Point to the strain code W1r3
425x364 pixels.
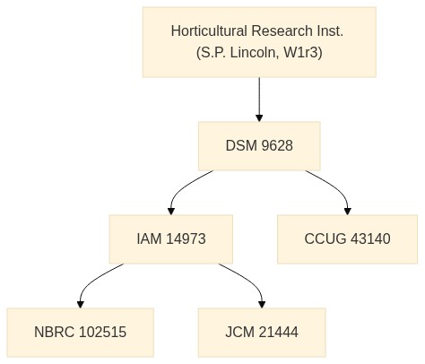tap(302, 53)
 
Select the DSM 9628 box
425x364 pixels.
tap(259, 146)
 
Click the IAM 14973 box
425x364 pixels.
tap(171, 239)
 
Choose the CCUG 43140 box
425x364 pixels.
tap(347, 239)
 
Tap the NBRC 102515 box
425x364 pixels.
tap(81, 333)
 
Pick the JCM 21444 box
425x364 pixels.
tap(262, 333)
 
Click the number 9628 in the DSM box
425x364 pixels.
tap(277, 146)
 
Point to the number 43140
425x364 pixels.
tap(370, 239)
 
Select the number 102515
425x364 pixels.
tap(103, 333)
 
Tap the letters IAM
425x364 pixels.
tap(149, 239)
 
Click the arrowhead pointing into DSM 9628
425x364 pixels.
tap(259, 117)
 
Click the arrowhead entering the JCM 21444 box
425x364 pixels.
tap(262, 304)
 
